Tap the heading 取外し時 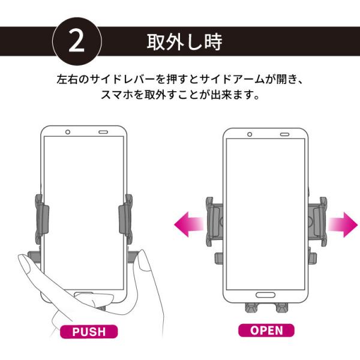(185, 43)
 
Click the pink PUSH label (88, 331)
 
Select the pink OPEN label (266, 330)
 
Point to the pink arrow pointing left (188, 226)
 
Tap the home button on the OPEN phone (265, 295)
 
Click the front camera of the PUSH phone (68, 132)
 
